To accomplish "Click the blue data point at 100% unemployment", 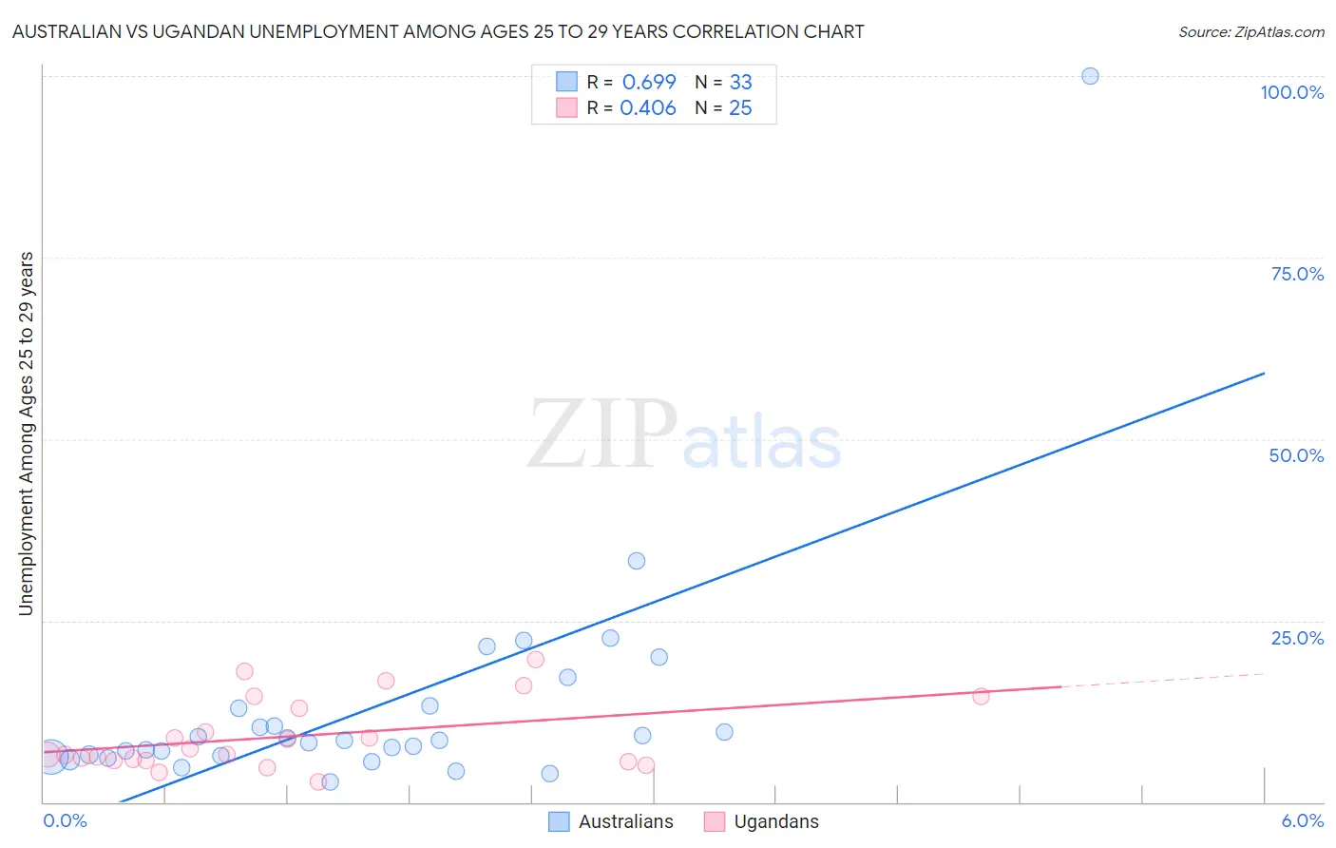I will click(x=1090, y=76).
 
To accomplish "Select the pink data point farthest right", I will click(x=981, y=696).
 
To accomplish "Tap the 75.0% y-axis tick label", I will click(x=1297, y=274).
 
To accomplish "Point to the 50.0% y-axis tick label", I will click(x=1296, y=455).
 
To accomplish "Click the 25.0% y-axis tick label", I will click(x=1297, y=638).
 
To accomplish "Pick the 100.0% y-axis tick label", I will click(x=1291, y=92).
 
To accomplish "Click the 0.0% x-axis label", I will click(x=66, y=820).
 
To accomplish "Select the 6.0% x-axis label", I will click(x=1302, y=820).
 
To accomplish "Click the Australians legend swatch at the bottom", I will click(x=560, y=821).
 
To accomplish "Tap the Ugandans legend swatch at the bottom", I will click(x=715, y=821).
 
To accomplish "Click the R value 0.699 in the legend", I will click(x=649, y=83).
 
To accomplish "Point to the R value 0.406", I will click(x=648, y=108).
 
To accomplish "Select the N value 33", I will click(x=740, y=83).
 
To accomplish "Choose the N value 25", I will click(x=740, y=108).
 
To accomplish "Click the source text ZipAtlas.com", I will click(x=1279, y=32).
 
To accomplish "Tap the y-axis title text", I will click(x=26, y=434).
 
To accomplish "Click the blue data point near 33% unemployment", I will click(x=637, y=561).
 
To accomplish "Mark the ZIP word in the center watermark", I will click(x=601, y=434).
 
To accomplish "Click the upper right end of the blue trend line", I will click(x=1263, y=374).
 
